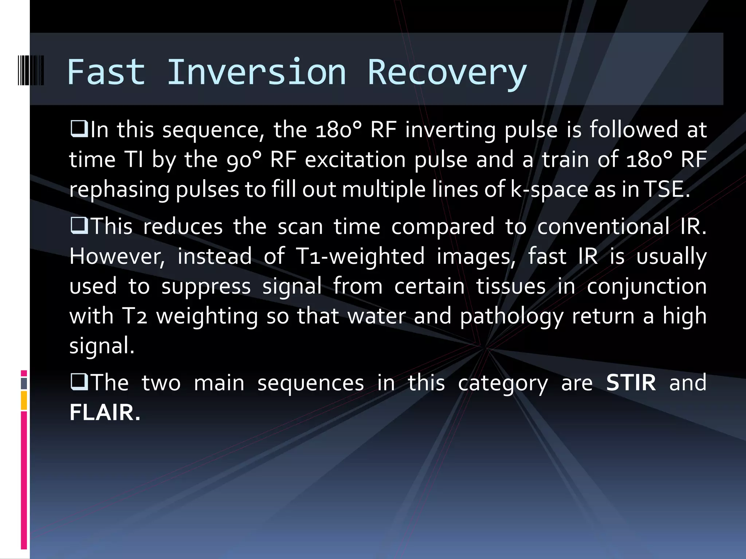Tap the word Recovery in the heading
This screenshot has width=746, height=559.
point(447,73)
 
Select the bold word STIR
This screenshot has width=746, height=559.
point(631,382)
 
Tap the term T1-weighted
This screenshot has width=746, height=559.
point(360,256)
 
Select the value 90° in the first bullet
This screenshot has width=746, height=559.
point(244,159)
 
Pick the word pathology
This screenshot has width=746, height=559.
point(512,316)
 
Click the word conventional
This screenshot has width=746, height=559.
point(603,226)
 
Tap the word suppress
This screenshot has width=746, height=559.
point(206,286)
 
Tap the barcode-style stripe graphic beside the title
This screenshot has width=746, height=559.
point(31,70)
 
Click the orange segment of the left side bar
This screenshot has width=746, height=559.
point(24,400)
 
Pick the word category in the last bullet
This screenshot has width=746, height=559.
point(503,383)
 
